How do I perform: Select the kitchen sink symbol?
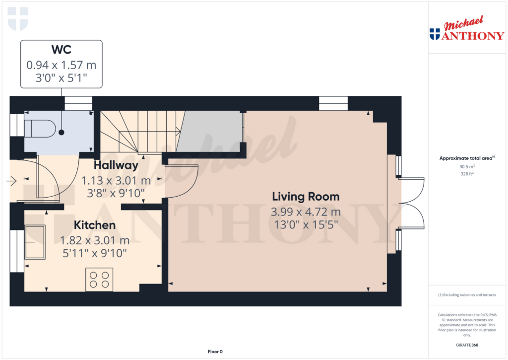[35, 242]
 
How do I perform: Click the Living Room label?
[306, 196]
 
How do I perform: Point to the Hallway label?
[116, 165]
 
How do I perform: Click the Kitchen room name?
[95, 225]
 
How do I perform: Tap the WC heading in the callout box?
[61, 50]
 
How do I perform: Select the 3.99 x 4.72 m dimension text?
[306, 212]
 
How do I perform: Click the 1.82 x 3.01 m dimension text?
[95, 240]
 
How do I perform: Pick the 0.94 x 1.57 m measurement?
[61, 65]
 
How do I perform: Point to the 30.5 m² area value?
[466, 167]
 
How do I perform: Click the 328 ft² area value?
[466, 174]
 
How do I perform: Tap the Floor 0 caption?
[215, 352]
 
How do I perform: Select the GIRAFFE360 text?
[466, 345]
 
